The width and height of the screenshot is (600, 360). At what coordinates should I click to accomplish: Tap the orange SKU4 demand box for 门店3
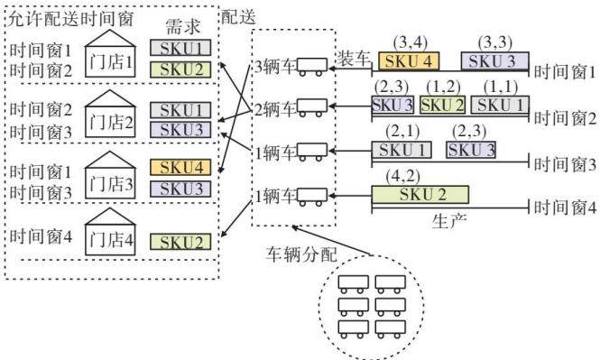(180, 167)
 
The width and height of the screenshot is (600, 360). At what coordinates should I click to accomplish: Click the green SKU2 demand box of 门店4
(180, 242)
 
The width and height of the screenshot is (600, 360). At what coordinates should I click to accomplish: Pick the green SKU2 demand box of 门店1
(180, 69)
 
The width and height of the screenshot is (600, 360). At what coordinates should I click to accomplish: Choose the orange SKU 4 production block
(409, 61)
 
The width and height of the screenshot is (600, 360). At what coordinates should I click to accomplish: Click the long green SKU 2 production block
(420, 195)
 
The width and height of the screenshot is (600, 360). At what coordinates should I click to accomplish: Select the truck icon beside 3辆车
(312, 67)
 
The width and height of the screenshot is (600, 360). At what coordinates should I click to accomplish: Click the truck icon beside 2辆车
(312, 107)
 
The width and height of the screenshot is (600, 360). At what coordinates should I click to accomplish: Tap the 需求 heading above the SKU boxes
(183, 27)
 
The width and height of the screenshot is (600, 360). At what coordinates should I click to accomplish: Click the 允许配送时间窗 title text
(70, 18)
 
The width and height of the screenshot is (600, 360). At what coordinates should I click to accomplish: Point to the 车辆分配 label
(301, 254)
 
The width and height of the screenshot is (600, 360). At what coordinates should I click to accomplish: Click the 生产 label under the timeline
(449, 221)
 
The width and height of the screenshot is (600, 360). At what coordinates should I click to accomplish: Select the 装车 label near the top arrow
(354, 58)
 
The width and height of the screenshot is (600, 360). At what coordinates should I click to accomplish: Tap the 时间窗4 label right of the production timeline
(565, 208)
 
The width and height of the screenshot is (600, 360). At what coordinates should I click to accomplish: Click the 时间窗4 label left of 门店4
(41, 236)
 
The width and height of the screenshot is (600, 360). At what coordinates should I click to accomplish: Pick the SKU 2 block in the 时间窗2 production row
(443, 105)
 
